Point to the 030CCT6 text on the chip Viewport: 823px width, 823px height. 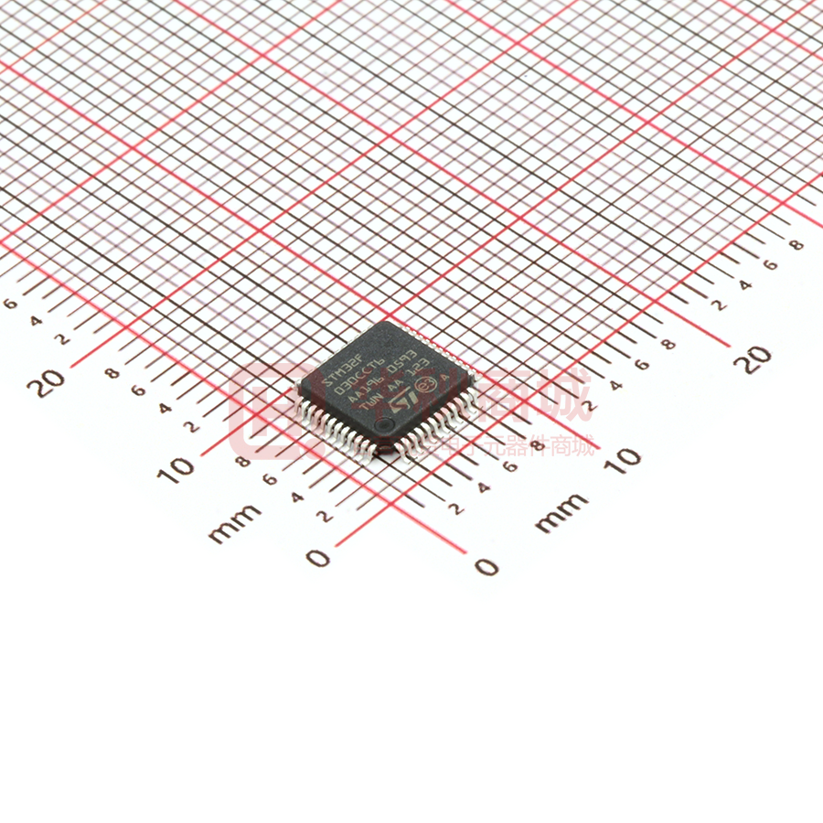point(359,378)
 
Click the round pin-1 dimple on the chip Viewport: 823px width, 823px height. point(388,427)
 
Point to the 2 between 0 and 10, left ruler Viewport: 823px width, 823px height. point(323,516)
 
